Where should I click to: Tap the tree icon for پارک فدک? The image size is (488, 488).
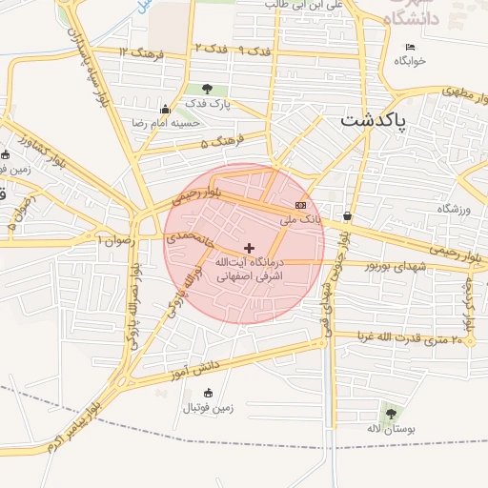click(x=207, y=89)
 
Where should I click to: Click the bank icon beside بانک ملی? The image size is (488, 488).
click(x=301, y=205)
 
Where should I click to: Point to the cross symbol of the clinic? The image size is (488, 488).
click(x=250, y=247)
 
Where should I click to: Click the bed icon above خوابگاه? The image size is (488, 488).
click(x=411, y=47)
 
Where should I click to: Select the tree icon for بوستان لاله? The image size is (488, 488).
click(x=390, y=413)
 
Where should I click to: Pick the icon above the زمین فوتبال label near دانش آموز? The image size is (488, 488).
click(x=209, y=393)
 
